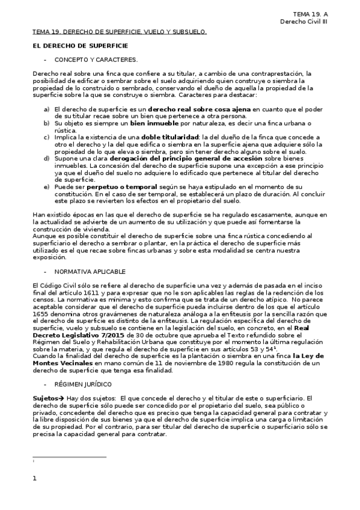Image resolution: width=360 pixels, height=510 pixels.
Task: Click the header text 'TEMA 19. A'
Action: click(x=311, y=14)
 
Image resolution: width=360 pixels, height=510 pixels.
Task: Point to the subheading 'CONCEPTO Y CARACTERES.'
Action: click(x=96, y=60)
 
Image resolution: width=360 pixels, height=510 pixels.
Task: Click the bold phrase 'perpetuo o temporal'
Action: click(x=123, y=187)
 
